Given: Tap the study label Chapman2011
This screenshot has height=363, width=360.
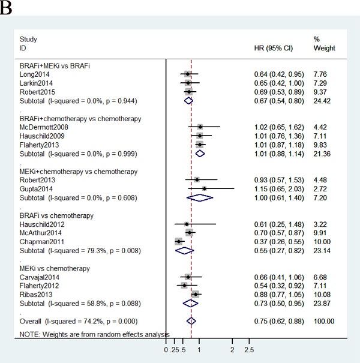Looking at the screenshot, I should [39, 241].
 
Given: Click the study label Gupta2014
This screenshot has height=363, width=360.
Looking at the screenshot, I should [35, 188].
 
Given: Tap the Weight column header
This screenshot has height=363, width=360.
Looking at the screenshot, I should [324, 48].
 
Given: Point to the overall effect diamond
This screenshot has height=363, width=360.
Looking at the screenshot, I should [191, 322].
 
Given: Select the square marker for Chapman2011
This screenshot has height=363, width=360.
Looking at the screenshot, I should [178, 241].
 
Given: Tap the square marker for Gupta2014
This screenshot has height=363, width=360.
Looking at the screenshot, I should [204, 188].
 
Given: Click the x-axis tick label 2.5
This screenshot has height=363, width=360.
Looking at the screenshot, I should [249, 350].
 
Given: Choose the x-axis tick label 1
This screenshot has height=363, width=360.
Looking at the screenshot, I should [199, 350].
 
